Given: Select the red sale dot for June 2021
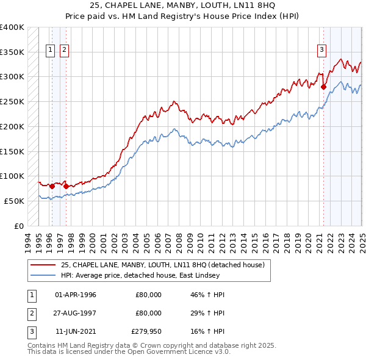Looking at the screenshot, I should tap(323, 87).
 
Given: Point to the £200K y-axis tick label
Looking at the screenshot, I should tap(12, 126).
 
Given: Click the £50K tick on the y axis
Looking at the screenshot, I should tap(15, 201).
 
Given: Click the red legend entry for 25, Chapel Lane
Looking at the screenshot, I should tap(162, 265).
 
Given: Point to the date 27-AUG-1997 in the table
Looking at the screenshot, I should tap(76, 313).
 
